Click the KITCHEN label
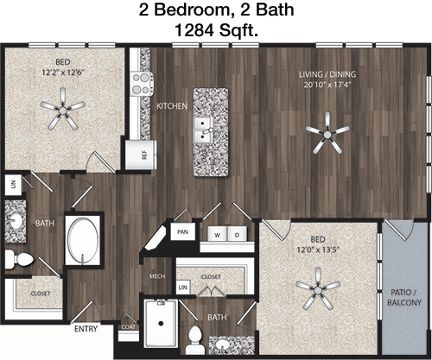(172, 106)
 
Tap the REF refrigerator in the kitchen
(141, 155)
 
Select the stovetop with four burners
(142, 84)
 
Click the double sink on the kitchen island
(204, 130)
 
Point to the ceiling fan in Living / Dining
(327, 134)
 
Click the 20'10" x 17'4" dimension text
(327, 85)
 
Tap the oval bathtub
(83, 238)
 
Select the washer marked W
(218, 235)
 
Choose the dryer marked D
(237, 235)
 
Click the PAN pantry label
(182, 232)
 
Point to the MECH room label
(157, 276)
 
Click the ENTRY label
(86, 329)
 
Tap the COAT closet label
(129, 327)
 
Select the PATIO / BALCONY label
(404, 298)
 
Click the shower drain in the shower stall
(161, 324)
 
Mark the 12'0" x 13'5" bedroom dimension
(318, 249)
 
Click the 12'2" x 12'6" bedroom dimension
(63, 72)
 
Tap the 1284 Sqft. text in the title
(216, 30)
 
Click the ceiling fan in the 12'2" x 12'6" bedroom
(63, 110)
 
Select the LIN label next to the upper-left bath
(13, 185)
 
